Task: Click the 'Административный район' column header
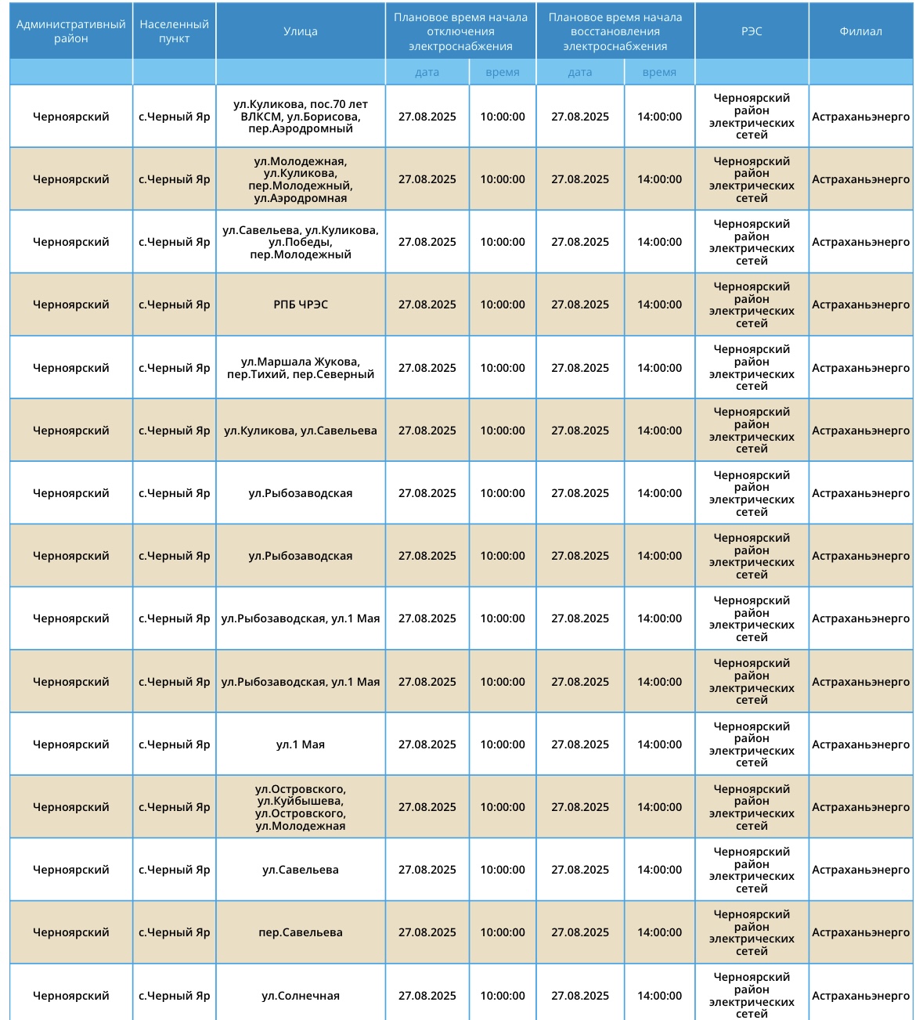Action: coord(70,31)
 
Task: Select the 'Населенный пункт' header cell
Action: coord(174,31)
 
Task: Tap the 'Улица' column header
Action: coord(301,31)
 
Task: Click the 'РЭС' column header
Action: coord(752,31)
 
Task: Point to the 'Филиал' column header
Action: coord(860,31)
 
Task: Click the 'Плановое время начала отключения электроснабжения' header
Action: coord(460,31)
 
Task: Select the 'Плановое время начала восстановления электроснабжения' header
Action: coord(615,31)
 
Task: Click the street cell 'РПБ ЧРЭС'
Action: coord(301,305)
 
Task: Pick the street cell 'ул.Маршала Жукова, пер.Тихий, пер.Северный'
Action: coord(301,368)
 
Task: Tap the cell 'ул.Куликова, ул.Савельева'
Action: coord(301,431)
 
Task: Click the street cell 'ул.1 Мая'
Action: coord(301,744)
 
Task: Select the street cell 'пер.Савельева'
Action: coord(301,932)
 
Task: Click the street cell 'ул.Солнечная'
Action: coord(301,996)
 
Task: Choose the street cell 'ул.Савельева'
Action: coord(301,870)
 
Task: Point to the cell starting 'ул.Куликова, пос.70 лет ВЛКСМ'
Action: coord(301,117)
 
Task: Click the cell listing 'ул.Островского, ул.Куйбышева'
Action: coord(301,807)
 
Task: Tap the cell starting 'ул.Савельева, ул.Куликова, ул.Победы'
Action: coord(301,242)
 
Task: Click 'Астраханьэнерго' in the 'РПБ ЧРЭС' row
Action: coord(860,305)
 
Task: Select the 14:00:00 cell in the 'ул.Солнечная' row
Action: coord(659,996)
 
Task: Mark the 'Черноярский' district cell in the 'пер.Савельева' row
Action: coord(70,932)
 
